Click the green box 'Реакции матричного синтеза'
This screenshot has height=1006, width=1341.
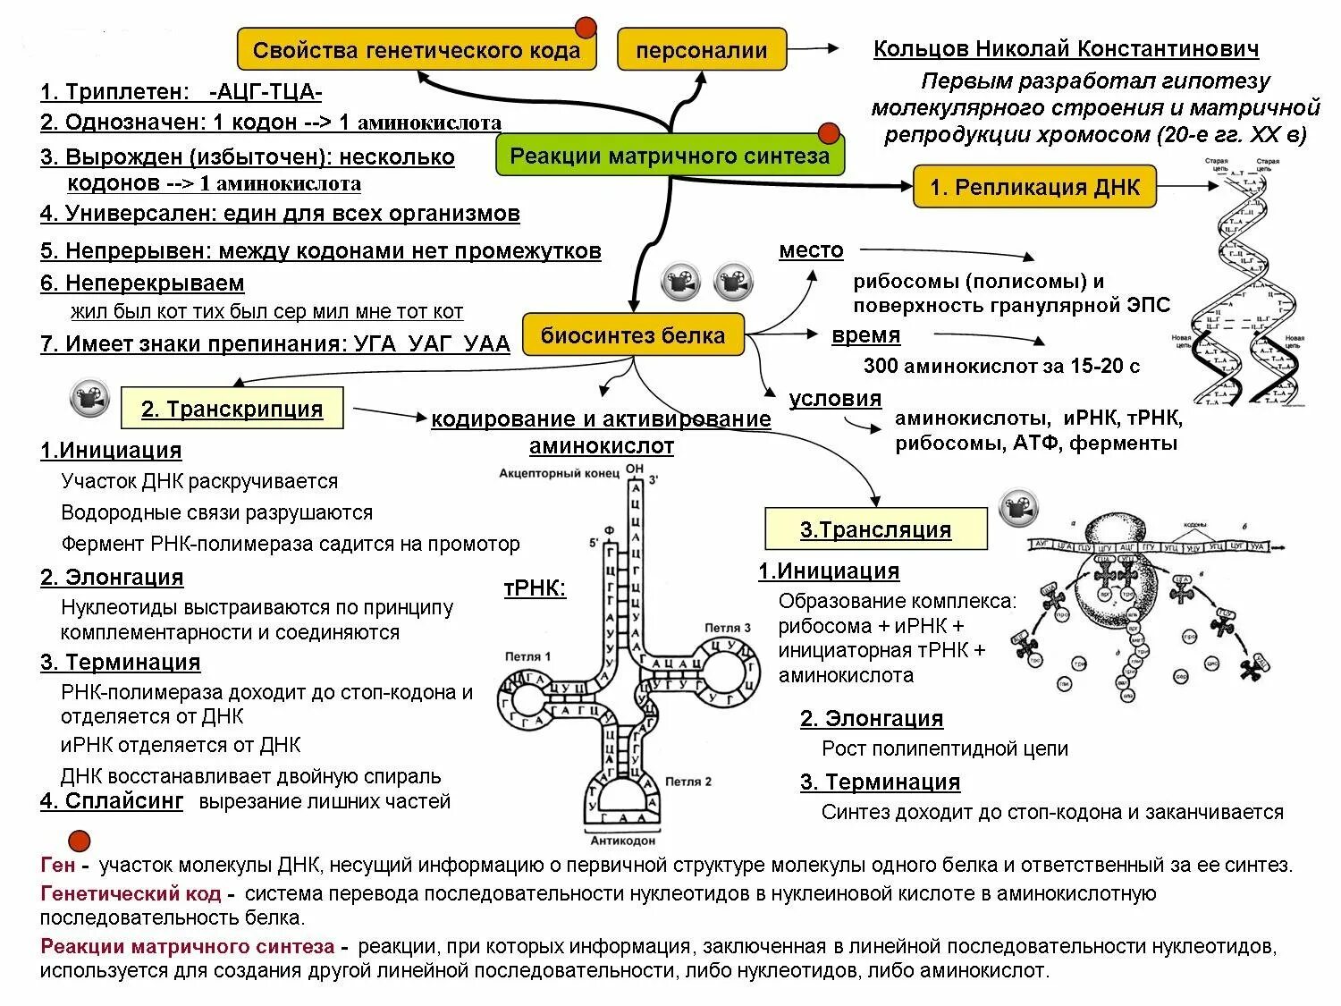pyautogui.click(x=670, y=156)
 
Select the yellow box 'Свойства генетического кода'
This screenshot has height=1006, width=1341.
pyautogui.click(x=417, y=49)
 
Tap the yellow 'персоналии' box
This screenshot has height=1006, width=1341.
pyautogui.click(x=702, y=50)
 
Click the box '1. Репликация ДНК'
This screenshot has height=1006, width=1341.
pyautogui.click(x=1034, y=187)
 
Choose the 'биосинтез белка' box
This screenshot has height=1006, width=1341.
pyautogui.click(x=633, y=335)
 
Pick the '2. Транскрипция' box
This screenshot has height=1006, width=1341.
pyautogui.click(x=232, y=409)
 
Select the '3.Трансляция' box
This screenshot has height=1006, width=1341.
pyautogui.click(x=875, y=529)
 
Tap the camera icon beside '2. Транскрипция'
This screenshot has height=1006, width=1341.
pyautogui.click(x=89, y=399)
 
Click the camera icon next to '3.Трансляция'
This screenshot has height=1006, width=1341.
pyautogui.click(x=1019, y=508)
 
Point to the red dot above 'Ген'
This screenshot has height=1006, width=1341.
pyautogui.click(x=80, y=841)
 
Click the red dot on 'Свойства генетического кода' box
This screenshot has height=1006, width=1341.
pyautogui.click(x=586, y=27)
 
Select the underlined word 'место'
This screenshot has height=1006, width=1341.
pyautogui.click(x=811, y=250)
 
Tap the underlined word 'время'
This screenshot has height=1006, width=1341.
pyautogui.click(x=865, y=335)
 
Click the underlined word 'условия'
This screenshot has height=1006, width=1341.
pyautogui.click(x=835, y=398)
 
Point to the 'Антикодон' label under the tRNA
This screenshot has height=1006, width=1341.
pyautogui.click(x=623, y=841)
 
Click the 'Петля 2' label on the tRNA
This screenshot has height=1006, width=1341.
pyautogui.click(x=690, y=781)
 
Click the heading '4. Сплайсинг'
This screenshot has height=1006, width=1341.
pyautogui.click(x=112, y=800)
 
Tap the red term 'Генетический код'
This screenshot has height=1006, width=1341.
pyautogui.click(x=131, y=893)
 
